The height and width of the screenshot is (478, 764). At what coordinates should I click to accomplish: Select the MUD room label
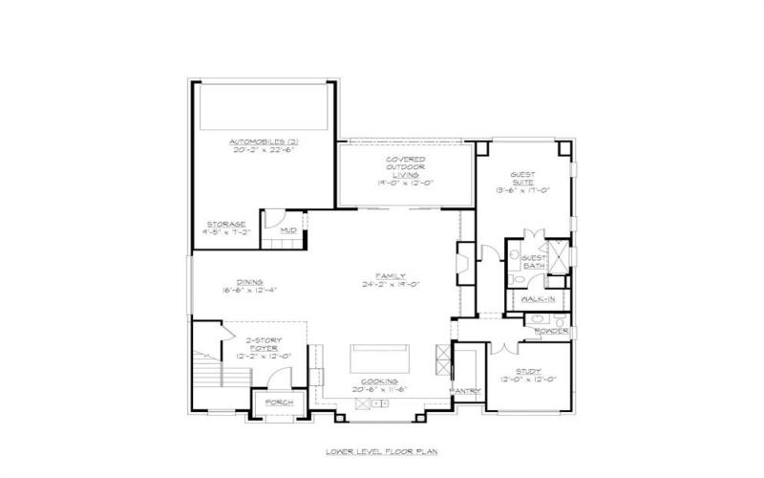click(286, 230)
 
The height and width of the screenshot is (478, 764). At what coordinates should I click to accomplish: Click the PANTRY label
click(466, 390)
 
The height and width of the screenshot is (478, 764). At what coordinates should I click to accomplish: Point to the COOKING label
click(379, 380)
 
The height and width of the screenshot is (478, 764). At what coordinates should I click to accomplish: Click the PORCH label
click(279, 402)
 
